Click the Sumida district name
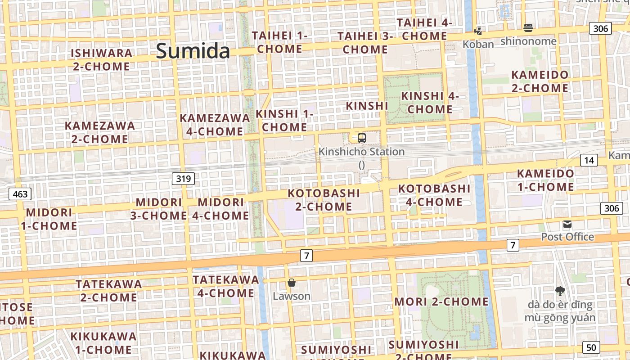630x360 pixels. point(193,51)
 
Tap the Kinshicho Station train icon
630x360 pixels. point(362,138)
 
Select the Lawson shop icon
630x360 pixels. point(292,283)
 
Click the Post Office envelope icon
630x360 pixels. point(567,224)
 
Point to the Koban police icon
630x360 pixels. point(478,31)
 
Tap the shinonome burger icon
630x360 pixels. point(528,28)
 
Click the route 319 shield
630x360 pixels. point(183,179)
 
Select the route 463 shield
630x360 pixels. point(20,194)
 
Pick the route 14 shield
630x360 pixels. point(589,160)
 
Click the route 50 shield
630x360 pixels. point(591,347)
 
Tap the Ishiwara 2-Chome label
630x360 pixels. point(102,60)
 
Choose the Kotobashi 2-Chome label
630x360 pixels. point(324,200)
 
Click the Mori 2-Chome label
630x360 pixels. point(441,301)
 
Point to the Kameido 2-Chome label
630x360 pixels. point(540,81)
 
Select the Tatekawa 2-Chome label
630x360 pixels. point(109,291)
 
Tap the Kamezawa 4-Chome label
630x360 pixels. point(215,125)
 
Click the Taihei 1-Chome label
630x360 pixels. point(279,42)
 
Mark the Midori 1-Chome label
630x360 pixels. point(49,219)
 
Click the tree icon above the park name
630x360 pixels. point(560,291)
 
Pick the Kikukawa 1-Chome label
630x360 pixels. point(103,343)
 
